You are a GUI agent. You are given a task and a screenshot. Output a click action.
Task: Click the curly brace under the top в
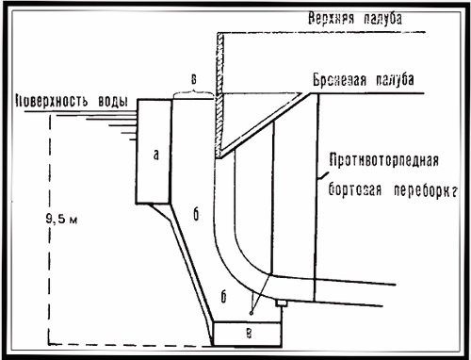click(x=192, y=91)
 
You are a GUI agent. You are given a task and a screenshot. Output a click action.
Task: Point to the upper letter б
click(x=195, y=216)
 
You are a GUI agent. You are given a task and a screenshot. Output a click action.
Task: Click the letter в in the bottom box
click(x=249, y=333)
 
